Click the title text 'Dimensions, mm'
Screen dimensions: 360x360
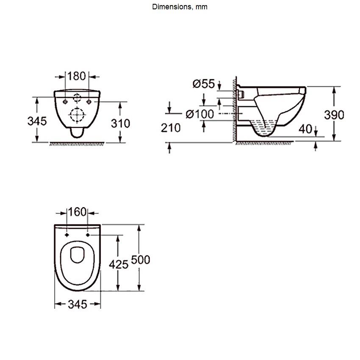180,7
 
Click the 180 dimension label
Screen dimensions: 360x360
77,76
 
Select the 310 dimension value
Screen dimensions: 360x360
121,124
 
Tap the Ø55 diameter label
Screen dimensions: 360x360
204,84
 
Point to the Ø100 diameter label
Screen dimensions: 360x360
200,114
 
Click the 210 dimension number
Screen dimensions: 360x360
171,128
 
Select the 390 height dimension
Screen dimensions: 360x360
334,115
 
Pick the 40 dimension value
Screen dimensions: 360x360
305,129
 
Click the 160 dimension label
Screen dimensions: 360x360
77,212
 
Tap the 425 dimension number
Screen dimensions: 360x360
119,264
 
